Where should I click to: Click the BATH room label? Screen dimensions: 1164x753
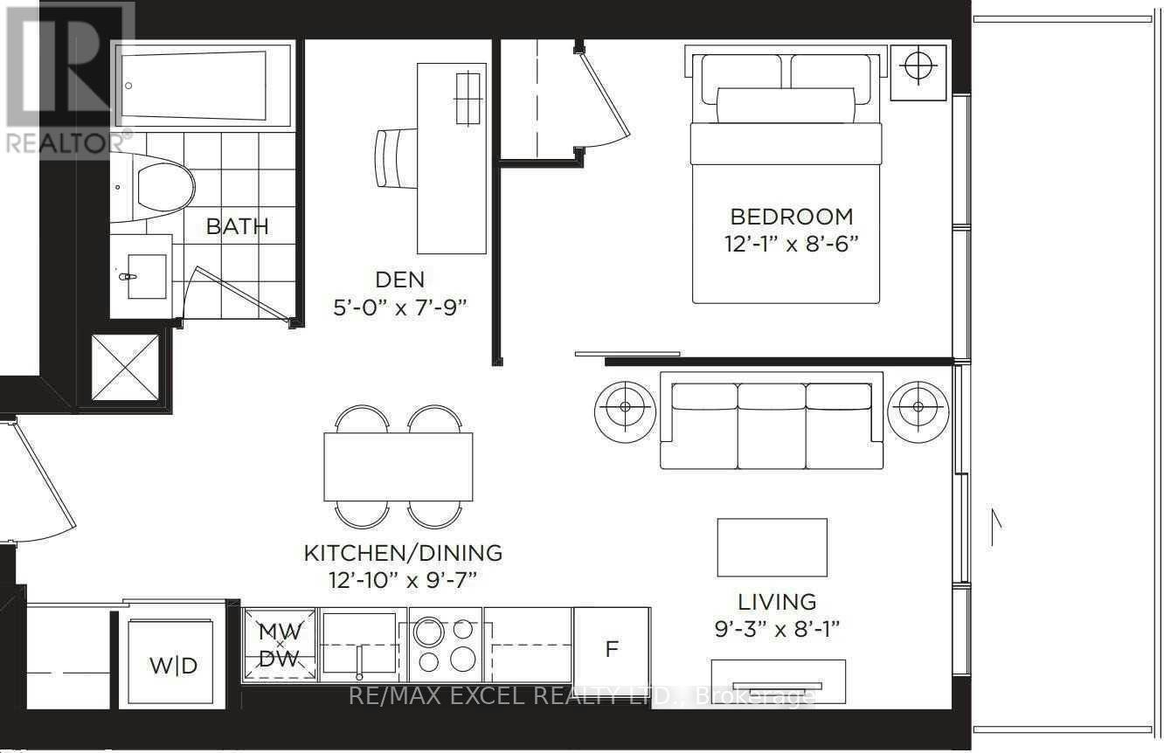[237, 226]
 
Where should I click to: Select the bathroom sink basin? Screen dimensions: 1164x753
[147, 276]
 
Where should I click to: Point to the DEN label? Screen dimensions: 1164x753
[399, 280]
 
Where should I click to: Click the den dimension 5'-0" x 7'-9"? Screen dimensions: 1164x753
[400, 308]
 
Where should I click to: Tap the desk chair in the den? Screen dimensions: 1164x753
[396, 158]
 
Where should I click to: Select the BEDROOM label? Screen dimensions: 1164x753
[792, 217]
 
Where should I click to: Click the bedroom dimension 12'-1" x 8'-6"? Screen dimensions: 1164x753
[792, 244]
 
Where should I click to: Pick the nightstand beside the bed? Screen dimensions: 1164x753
[918, 73]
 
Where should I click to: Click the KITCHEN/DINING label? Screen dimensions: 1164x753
[403, 553]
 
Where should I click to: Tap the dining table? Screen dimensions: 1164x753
[398, 466]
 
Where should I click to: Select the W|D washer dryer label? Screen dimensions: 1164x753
[174, 666]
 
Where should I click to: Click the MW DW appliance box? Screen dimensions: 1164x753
[280, 645]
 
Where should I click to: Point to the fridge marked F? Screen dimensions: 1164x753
[612, 648]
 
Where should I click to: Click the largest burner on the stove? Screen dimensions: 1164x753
[429, 632]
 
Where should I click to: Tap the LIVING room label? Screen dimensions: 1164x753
[778, 602]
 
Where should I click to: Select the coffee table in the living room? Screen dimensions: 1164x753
[773, 548]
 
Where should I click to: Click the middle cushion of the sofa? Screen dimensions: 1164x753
[772, 425]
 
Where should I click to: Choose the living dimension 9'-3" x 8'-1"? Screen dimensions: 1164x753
[778, 630]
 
